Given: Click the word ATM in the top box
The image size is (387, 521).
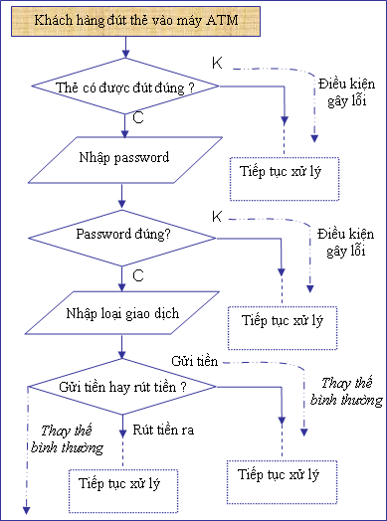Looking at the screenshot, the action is click(x=222, y=20).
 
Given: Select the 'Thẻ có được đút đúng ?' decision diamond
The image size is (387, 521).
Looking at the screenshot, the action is click(x=125, y=87).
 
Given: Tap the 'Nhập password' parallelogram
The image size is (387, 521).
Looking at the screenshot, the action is click(x=125, y=160).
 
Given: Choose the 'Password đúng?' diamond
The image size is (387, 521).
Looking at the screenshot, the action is click(x=122, y=238).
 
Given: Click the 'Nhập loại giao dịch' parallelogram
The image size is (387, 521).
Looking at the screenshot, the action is click(x=122, y=312).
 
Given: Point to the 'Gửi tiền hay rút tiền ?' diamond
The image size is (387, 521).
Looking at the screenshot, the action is click(x=122, y=387).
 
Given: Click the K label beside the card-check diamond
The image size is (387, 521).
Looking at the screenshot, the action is click(x=217, y=63).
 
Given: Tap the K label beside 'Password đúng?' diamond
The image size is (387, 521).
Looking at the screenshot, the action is click(x=217, y=217).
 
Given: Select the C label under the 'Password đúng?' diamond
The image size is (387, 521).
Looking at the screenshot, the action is click(x=138, y=275).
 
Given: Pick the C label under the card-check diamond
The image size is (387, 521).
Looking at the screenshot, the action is click(x=138, y=118).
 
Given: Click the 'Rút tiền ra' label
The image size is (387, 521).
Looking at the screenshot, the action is click(x=163, y=430).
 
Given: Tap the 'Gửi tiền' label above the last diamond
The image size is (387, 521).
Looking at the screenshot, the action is click(x=195, y=361).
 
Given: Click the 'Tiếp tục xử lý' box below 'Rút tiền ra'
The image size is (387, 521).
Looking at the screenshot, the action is click(x=123, y=491).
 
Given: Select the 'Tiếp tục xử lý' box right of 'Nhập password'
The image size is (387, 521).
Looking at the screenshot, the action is click(x=285, y=179).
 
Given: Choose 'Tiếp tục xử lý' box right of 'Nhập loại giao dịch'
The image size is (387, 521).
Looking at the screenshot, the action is click(x=283, y=328).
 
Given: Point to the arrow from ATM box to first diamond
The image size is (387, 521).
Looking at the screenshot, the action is click(x=125, y=47).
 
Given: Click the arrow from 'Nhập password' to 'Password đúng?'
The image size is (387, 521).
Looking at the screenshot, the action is click(x=122, y=197).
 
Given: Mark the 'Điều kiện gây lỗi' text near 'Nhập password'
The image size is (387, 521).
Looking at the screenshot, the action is click(x=346, y=92).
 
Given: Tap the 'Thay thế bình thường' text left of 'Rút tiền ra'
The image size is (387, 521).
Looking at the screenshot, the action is click(x=67, y=438).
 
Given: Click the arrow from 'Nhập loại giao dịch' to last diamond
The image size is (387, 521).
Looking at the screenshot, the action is click(x=122, y=346).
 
